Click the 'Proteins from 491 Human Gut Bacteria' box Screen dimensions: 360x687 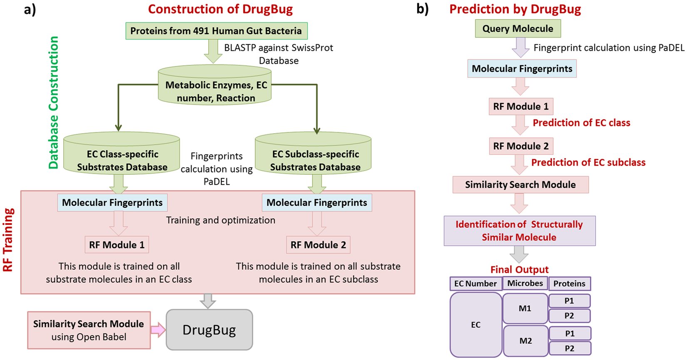216,31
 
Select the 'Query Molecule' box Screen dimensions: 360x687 518,29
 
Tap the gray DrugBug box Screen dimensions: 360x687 209,330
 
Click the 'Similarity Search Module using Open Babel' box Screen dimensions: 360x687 89,330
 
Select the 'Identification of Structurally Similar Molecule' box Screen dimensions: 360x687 519,231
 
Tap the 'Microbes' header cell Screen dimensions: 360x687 525,283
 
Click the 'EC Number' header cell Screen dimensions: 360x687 475,284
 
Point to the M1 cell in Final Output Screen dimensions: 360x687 525,308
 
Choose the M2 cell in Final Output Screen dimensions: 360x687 525,341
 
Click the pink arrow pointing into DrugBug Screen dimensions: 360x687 158,330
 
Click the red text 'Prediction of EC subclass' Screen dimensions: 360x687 588,162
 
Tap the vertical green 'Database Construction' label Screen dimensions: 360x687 54,102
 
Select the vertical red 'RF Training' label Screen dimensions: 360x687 8,240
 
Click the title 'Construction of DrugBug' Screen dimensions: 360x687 220,9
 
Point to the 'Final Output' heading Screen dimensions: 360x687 519,270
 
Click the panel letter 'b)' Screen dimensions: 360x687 422,9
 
